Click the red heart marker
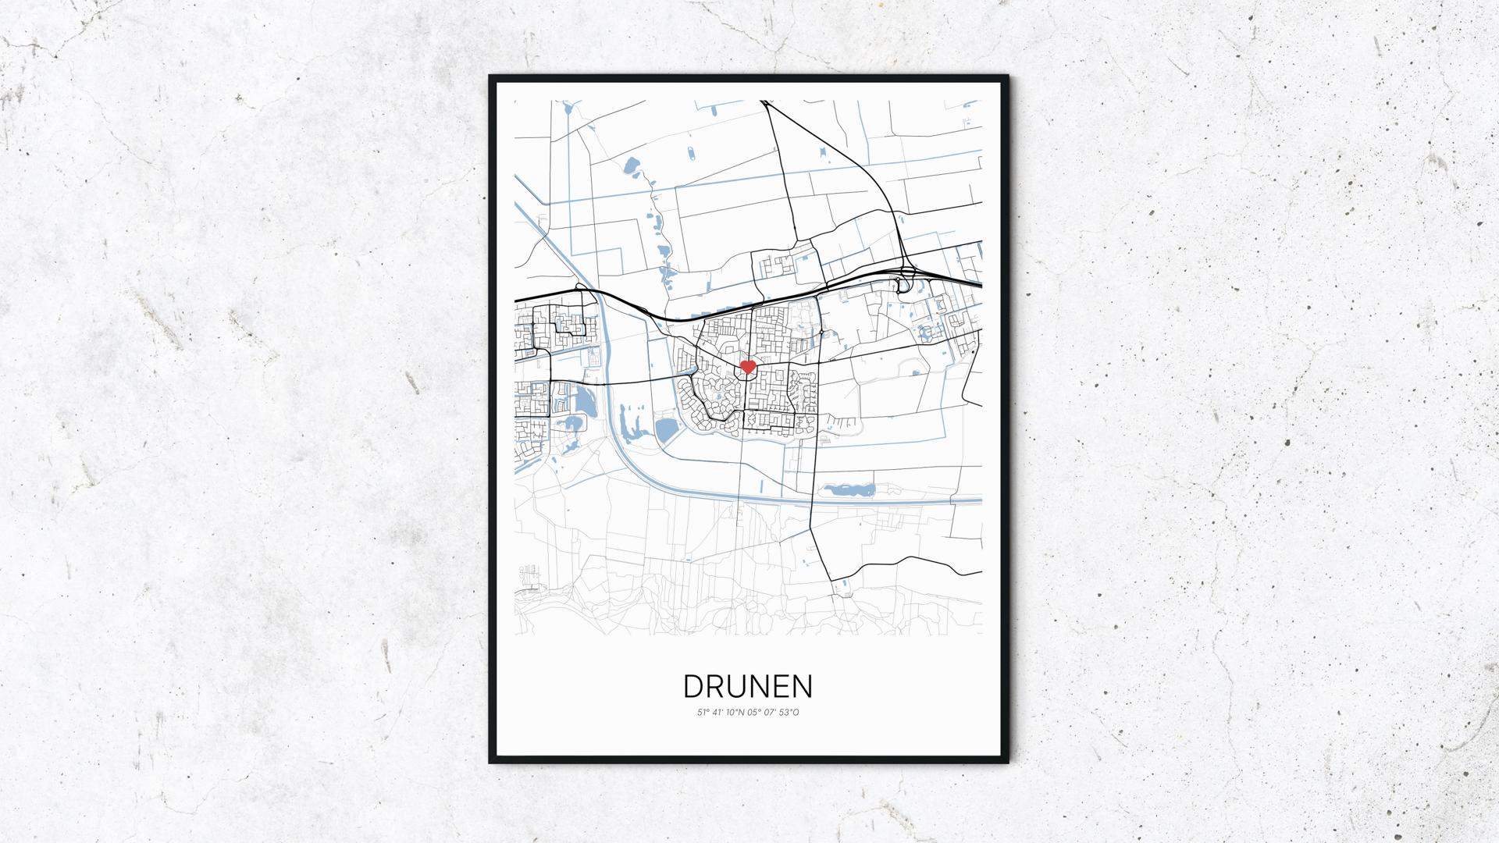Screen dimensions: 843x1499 747,366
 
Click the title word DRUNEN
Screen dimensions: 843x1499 748,687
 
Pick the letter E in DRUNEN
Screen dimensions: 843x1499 782,687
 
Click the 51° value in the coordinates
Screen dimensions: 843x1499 703,713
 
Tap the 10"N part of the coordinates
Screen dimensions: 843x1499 735,713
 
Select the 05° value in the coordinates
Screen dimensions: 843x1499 753,713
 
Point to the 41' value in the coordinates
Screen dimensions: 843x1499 718,713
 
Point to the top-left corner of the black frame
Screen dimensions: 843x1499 491,77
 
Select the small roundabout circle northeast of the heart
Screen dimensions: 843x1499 822,335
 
